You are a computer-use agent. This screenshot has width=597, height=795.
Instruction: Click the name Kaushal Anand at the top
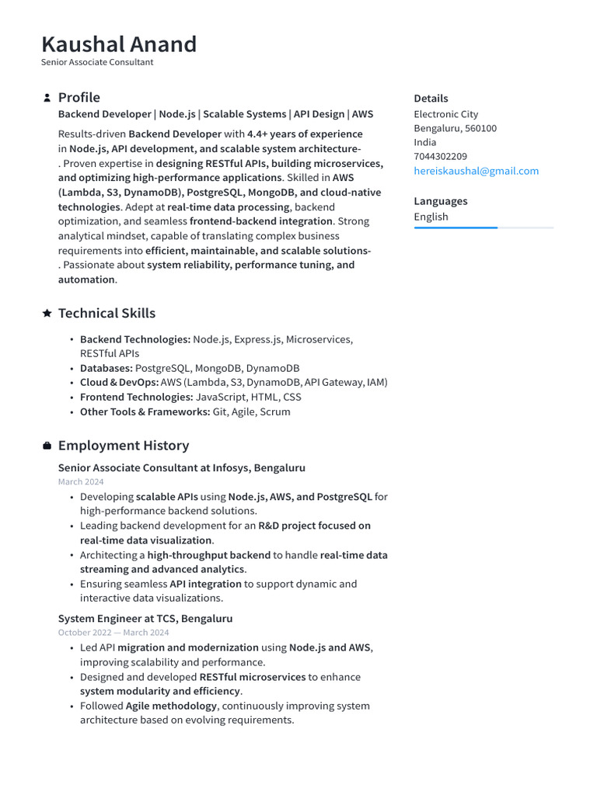(x=119, y=44)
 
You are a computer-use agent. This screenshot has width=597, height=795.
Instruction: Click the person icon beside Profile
(x=47, y=98)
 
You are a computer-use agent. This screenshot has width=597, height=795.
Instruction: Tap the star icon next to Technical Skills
(x=47, y=313)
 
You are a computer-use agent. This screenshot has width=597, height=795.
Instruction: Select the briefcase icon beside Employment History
(x=47, y=446)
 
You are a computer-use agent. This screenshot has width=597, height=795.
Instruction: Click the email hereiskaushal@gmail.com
(x=476, y=171)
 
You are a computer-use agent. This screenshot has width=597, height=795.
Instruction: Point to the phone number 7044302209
(x=440, y=157)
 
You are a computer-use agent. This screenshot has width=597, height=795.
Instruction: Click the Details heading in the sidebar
(x=431, y=99)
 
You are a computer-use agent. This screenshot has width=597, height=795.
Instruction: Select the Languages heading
(x=440, y=201)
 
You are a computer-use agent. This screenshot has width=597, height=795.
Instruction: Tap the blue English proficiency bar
(x=456, y=227)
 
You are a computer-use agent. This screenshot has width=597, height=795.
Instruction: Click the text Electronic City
(x=445, y=114)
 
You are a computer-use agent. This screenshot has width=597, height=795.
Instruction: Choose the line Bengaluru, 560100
(x=455, y=128)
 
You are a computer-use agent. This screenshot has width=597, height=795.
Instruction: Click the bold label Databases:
(x=106, y=368)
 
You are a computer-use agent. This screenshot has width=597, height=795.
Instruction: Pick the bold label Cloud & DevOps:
(x=119, y=382)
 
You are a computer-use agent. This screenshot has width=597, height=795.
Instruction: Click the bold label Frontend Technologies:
(x=136, y=397)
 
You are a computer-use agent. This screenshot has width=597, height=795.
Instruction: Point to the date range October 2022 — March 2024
(x=113, y=633)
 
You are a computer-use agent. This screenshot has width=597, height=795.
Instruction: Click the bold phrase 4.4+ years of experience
(x=305, y=134)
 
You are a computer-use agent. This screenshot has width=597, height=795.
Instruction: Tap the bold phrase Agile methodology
(x=171, y=706)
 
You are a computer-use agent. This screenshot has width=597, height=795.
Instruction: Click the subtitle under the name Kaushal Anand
(x=97, y=62)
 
